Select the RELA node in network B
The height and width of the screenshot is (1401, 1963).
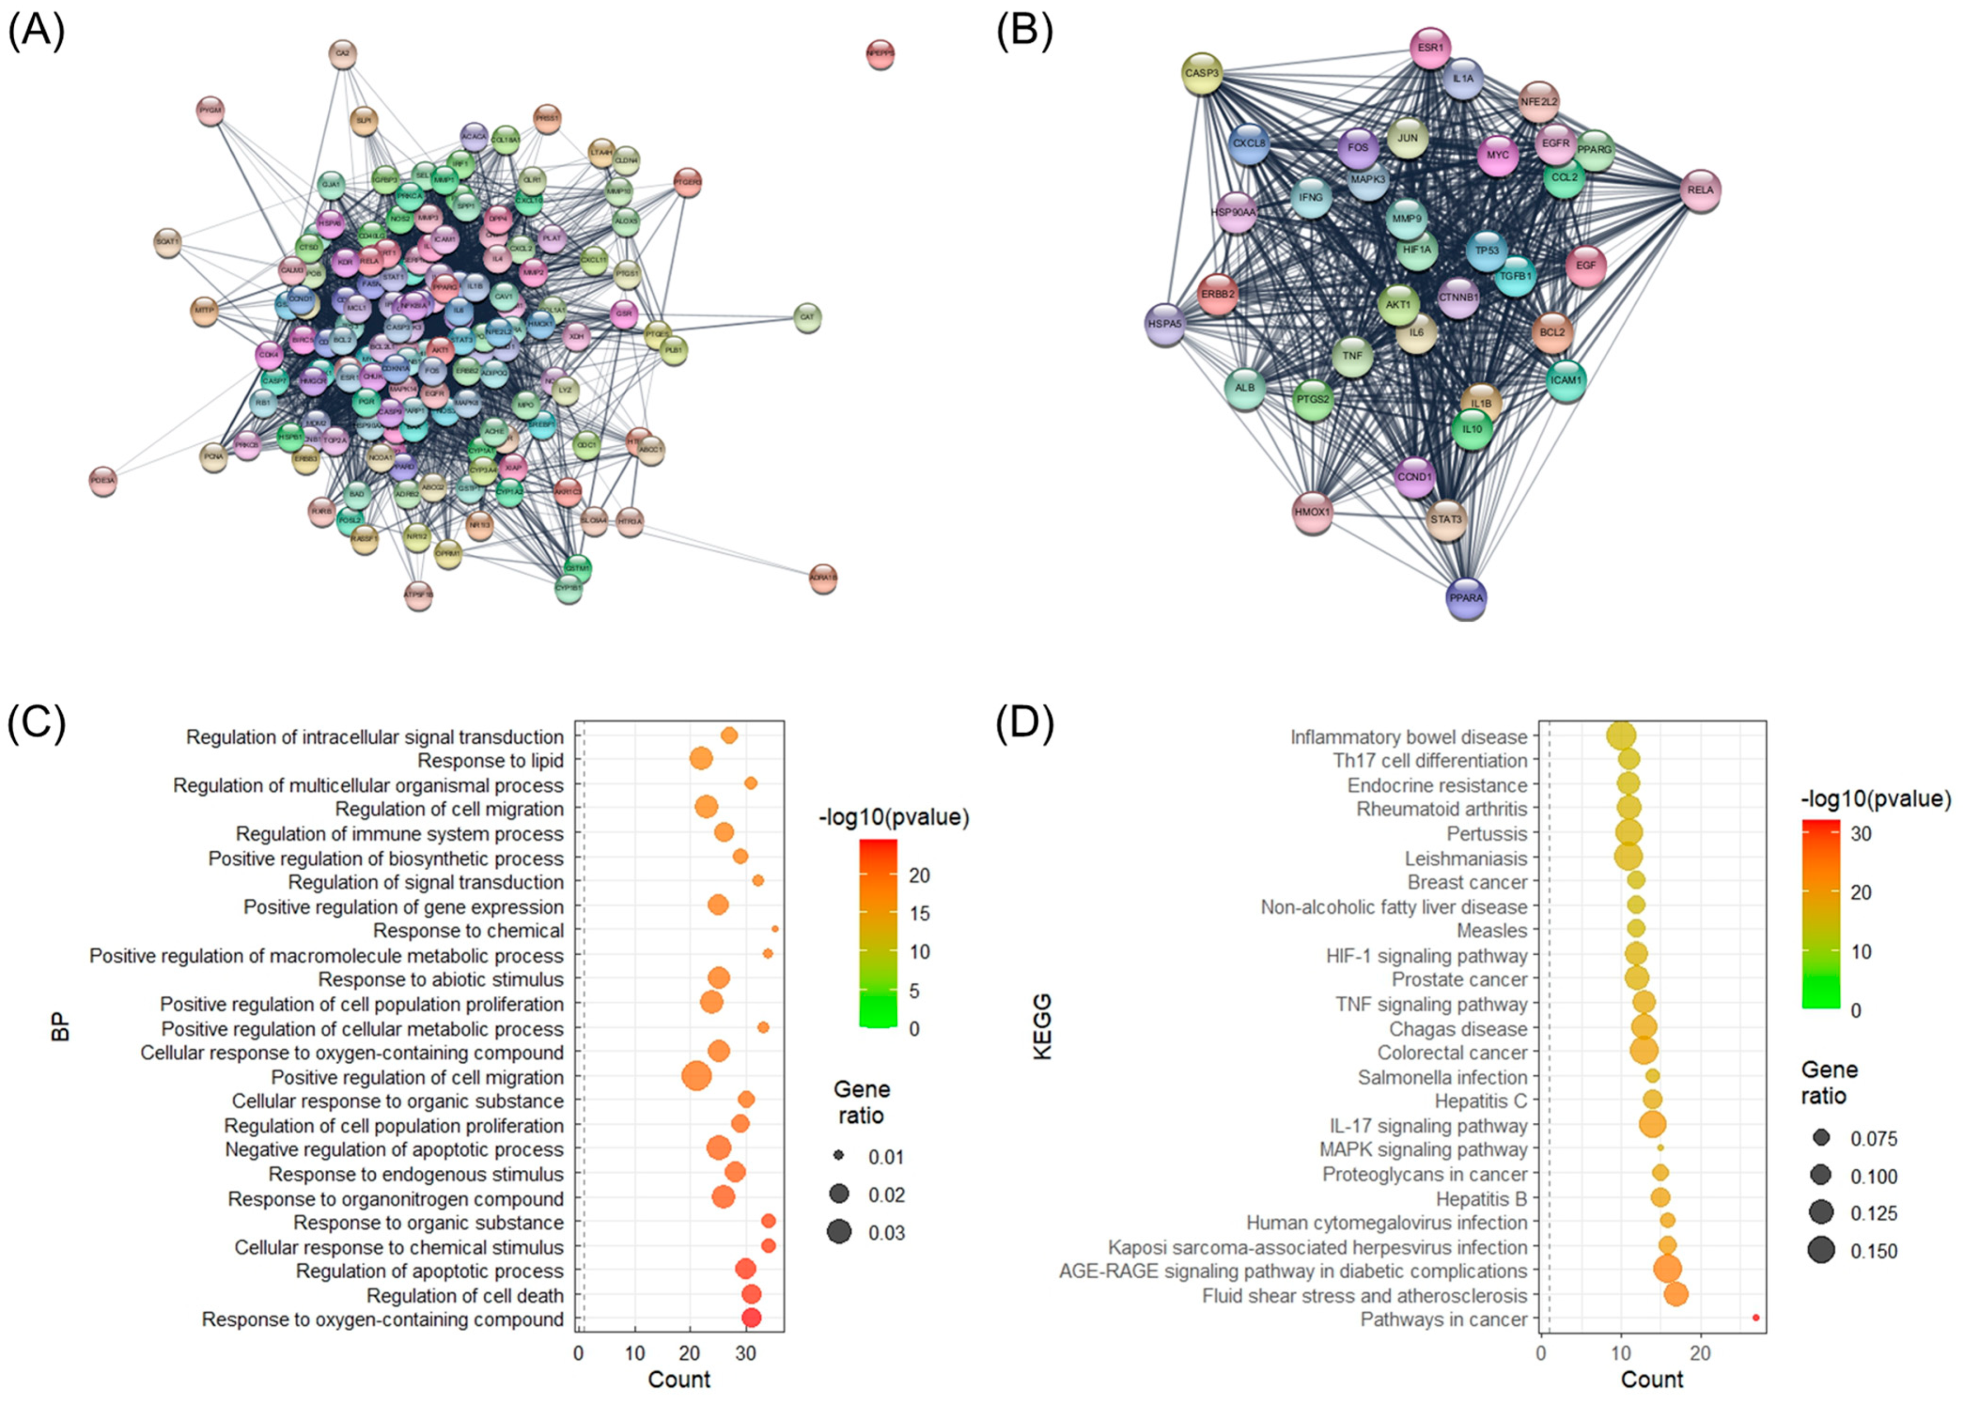click(1700, 190)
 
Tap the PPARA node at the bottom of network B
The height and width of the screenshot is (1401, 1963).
click(1466, 598)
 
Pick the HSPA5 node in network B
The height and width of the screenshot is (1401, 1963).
click(1164, 324)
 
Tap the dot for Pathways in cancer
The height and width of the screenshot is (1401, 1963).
click(1756, 1318)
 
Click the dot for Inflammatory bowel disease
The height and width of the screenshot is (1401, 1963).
click(1622, 736)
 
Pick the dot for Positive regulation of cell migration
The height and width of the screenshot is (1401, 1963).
click(696, 1077)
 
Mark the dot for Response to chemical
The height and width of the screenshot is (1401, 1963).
click(775, 929)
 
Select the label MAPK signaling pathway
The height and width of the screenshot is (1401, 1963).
click(1423, 1150)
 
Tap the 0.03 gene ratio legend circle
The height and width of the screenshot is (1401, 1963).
click(838, 1232)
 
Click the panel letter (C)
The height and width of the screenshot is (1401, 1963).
click(36, 723)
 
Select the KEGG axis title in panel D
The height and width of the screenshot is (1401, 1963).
click(1043, 1027)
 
